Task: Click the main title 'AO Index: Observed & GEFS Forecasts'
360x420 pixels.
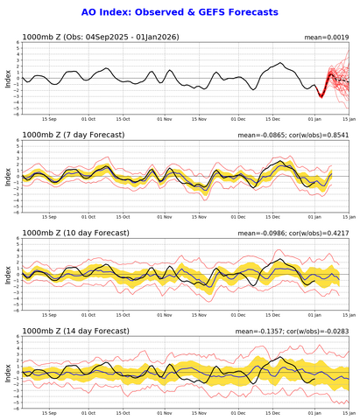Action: pos(180,12)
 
